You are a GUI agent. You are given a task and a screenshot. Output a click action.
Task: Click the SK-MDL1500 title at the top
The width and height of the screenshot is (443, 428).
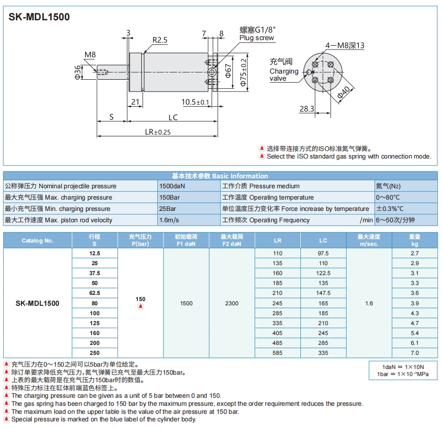39,17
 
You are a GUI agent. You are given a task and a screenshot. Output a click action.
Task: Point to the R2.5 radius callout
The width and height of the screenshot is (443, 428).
160,41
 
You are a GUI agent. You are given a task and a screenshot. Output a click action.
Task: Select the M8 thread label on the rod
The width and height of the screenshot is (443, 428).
90,55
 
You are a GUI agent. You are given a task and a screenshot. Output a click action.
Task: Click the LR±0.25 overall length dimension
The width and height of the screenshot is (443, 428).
157,132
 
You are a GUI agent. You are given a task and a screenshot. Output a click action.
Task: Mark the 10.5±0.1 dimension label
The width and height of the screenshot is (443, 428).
195,102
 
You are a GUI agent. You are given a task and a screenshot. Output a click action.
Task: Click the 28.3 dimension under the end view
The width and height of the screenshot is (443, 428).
307,109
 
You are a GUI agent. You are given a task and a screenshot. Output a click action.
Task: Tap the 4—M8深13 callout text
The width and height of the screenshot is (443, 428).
345,46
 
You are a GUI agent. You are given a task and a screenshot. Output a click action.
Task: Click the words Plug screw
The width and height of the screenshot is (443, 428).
256,38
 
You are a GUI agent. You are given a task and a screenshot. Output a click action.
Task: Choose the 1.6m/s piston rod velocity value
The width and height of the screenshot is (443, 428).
169,220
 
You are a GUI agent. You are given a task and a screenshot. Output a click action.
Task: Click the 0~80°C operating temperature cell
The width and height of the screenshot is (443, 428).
388,197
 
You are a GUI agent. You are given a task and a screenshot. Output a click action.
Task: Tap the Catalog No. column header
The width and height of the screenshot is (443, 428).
38,241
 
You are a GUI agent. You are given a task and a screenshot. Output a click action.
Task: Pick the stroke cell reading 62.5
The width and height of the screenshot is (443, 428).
95,293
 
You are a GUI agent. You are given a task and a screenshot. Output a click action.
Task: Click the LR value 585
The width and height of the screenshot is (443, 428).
277,353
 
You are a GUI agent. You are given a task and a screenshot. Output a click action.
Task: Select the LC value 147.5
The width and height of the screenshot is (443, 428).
323,293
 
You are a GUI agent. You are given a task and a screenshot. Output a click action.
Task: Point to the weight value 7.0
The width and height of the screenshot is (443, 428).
414,353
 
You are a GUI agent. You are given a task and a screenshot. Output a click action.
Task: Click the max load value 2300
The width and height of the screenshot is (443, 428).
232,303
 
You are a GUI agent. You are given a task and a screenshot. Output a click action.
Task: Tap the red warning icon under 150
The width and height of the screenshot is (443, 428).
140,307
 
